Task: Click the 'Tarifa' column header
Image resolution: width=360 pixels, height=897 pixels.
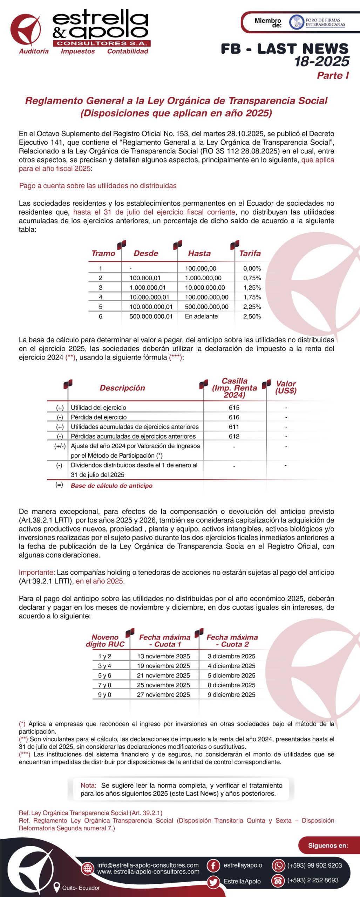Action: pos(250,253)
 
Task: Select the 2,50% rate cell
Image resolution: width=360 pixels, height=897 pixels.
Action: pos(252,316)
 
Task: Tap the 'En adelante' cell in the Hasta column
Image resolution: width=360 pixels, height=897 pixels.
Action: pos(201,316)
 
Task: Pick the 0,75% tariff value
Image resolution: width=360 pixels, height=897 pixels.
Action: pos(252,278)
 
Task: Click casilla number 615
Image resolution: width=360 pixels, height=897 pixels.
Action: pos(234,408)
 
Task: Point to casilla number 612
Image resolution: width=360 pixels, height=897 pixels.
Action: pos(234,436)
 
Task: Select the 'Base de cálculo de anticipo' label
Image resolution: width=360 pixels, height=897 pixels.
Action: pos(111,486)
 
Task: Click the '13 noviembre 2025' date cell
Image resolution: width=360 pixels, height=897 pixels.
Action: pos(163,656)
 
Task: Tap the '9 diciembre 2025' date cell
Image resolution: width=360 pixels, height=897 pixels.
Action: pos(231,694)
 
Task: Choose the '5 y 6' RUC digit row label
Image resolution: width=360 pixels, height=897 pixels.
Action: pos(104,675)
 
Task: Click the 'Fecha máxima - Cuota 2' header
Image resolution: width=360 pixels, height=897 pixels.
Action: pos(232,641)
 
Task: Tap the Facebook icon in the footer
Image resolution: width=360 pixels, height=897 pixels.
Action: pos(213,865)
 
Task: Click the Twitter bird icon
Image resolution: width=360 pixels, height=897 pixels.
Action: pos(213,882)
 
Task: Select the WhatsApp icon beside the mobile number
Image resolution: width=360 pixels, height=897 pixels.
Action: pos(278,865)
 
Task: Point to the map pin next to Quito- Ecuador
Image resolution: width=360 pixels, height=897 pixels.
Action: pos(56,887)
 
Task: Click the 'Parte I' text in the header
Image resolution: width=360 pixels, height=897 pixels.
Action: pos(333,76)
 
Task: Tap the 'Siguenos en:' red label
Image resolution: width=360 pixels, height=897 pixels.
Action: pos(328,845)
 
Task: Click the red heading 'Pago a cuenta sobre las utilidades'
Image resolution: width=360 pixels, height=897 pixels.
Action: pos(98,186)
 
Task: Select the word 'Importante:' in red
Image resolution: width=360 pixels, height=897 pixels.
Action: pos(37,572)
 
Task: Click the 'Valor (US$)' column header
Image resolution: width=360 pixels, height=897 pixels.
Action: pos(286,387)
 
